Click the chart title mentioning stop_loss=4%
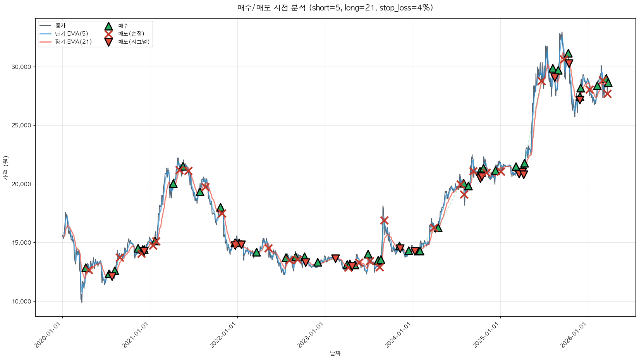[335, 8]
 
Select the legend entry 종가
[60, 26]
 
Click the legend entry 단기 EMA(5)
[71, 34]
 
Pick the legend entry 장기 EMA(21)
[73, 42]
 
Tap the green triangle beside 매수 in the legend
[108, 26]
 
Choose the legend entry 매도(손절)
[131, 34]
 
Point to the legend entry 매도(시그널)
[134, 42]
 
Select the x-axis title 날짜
[335, 353]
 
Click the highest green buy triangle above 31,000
[568, 53]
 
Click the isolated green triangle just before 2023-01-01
[318, 262]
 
